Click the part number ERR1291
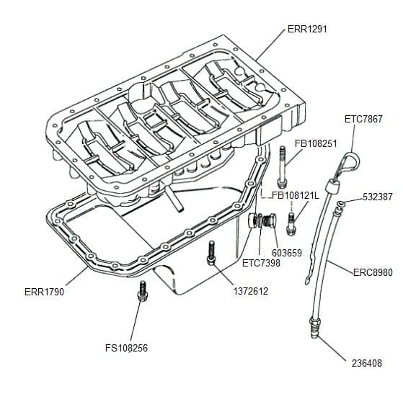tap(307, 29)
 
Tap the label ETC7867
tap(363, 119)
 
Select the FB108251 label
tap(316, 143)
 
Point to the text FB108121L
tap(296, 196)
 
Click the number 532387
tap(378, 197)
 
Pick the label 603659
tap(287, 253)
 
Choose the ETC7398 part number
tap(261, 263)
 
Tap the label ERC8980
tap(373, 272)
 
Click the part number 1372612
tap(251, 291)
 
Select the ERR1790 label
tap(44, 292)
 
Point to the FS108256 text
tap(126, 348)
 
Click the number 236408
tap(367, 363)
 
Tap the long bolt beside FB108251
tap(282, 166)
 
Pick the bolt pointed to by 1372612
tap(211, 253)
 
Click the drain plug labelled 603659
tap(270, 220)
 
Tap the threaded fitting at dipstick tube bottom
tap(314, 328)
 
